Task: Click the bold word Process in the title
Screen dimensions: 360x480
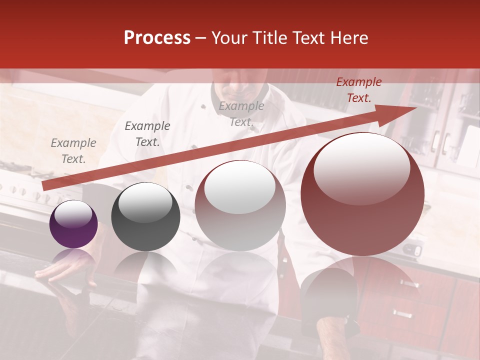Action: point(157,38)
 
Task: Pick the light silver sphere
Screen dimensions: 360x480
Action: point(240,210)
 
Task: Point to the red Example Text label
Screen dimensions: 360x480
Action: point(358,90)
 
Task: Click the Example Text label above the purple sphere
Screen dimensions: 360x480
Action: point(73,151)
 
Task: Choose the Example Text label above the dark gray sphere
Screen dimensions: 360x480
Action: point(147,133)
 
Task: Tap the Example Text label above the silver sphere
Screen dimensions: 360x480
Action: point(241,113)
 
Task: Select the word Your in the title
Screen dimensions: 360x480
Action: point(230,38)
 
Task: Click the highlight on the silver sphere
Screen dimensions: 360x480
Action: point(240,187)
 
